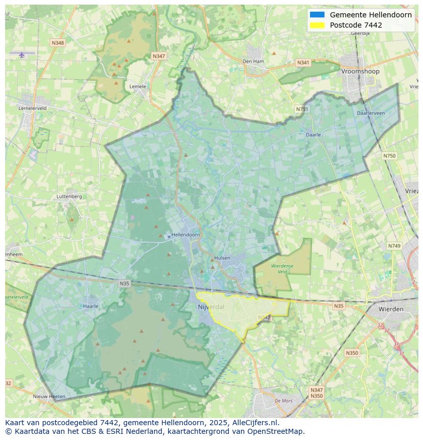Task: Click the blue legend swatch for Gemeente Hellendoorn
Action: tap(317, 15)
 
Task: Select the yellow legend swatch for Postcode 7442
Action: tap(317, 25)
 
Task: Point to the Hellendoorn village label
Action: tap(186, 235)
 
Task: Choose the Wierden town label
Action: tap(391, 309)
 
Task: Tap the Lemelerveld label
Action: tap(32, 108)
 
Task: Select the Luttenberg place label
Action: tap(69, 196)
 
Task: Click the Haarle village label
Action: tap(90, 306)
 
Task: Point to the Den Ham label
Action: tap(253, 61)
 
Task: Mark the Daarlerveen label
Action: tap(371, 113)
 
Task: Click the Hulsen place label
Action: tap(222, 258)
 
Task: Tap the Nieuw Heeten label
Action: tap(49, 397)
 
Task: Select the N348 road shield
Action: tap(58, 43)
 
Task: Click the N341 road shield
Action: tap(303, 63)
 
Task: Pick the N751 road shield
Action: tap(302, 109)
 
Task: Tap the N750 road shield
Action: tap(389, 156)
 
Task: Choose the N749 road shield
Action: tap(394, 246)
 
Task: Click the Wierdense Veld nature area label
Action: tap(283, 269)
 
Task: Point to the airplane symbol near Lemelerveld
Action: tap(21, 55)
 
